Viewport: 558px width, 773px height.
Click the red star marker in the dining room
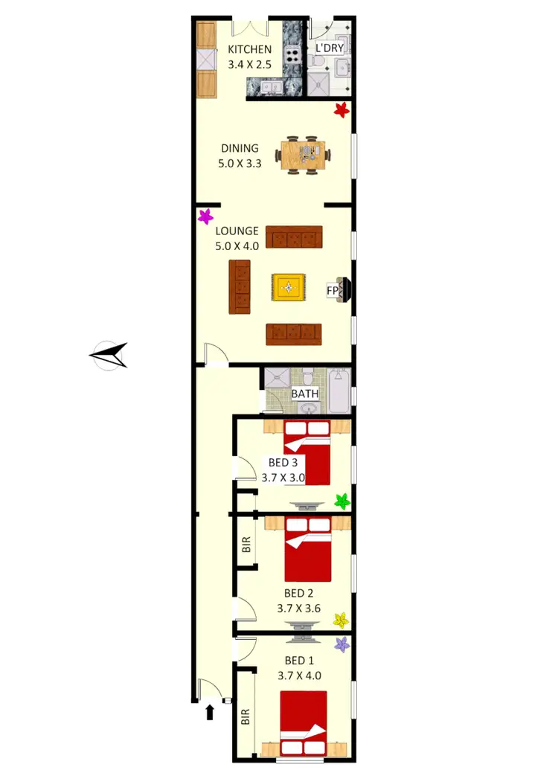341,110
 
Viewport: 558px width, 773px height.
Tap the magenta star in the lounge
206,216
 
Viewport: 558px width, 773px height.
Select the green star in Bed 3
341,501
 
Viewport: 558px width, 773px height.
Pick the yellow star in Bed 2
341,619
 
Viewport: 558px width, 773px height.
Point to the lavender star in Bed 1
341,644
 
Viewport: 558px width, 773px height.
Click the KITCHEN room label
249,50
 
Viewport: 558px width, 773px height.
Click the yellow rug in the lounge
289,287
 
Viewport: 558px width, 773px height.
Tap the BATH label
304,394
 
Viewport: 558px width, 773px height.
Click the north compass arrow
109,355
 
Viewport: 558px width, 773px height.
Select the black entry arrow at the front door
210,713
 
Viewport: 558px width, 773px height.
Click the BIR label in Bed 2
246,545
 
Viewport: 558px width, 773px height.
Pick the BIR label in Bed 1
246,716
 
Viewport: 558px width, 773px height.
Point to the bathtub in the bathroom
339,392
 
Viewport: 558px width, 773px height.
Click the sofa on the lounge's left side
240,286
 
